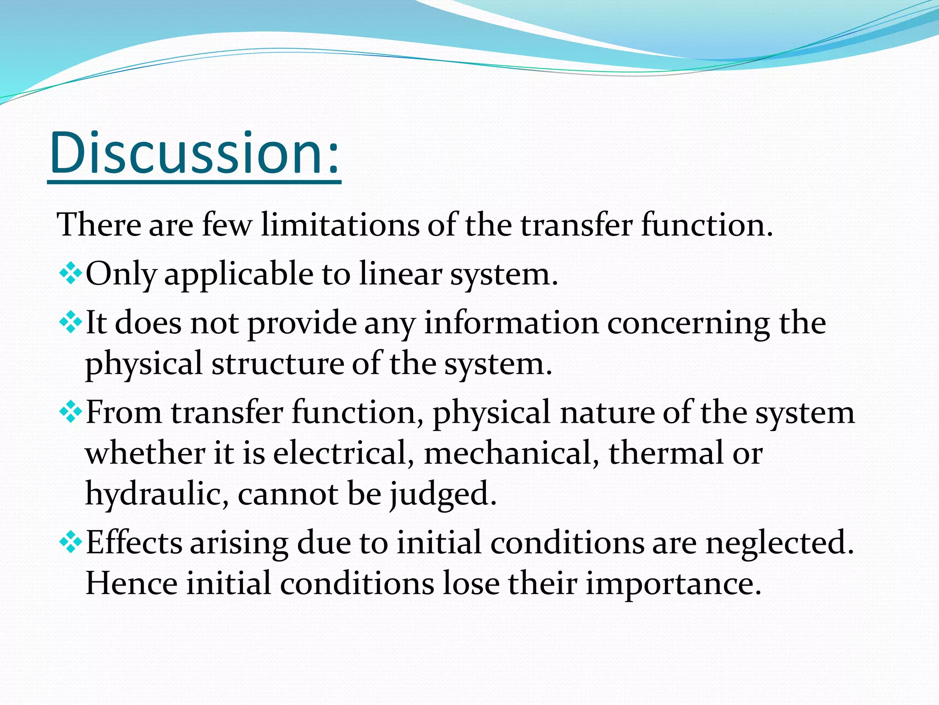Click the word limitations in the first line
(x=340, y=225)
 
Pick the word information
(x=511, y=323)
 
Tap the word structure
(x=276, y=364)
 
